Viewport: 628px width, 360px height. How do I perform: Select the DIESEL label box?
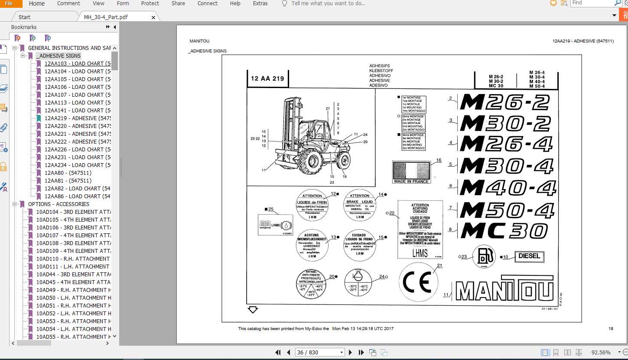tap(529, 256)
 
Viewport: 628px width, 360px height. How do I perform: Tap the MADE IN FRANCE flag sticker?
tap(411, 172)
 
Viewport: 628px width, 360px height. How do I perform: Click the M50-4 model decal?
tap(507, 210)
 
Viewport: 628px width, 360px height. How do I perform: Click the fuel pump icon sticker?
tap(484, 257)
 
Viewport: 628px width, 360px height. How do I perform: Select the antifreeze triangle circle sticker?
tap(311, 284)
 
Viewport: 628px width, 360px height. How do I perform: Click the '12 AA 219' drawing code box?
tap(267, 79)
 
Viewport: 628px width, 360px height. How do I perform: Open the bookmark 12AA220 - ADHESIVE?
tap(77, 126)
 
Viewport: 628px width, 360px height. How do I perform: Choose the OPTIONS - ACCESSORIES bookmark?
tap(59, 204)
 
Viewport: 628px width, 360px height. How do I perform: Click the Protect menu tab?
tap(150, 3)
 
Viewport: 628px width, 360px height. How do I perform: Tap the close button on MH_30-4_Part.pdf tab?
tap(153, 17)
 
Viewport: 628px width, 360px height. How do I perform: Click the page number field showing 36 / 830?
tap(319, 352)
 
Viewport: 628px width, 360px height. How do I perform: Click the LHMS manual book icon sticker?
tap(275, 225)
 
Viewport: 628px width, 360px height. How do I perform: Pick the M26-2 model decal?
tap(504, 102)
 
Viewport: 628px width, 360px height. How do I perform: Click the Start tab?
tap(24, 17)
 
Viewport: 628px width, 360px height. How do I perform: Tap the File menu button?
tap(9, 3)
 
